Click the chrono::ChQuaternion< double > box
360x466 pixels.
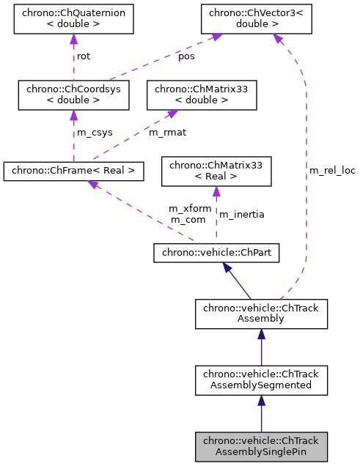73,20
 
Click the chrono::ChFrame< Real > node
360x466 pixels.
73,171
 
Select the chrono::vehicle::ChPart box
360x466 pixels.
216,253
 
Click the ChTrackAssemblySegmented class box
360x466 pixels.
262,380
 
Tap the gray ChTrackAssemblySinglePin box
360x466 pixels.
262,446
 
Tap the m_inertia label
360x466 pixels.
242,214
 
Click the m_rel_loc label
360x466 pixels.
332,170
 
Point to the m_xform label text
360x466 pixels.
190,208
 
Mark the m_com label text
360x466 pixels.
188,219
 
